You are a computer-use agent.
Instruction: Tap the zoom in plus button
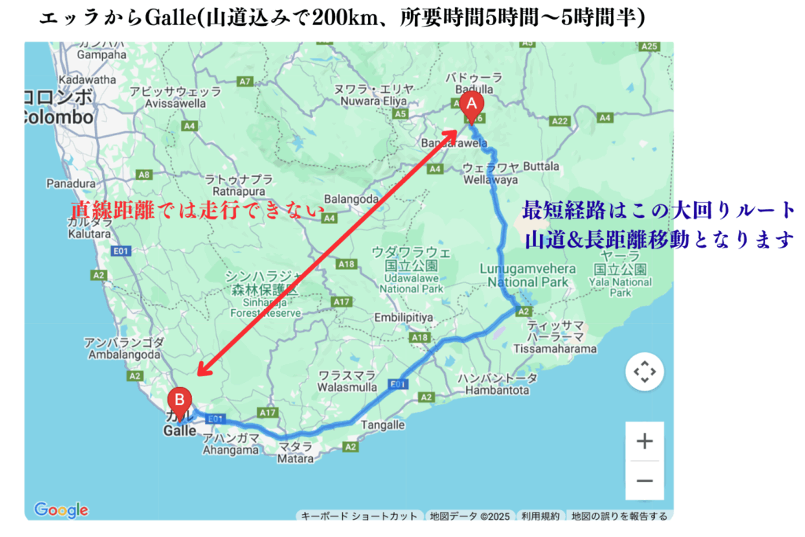point(645,441)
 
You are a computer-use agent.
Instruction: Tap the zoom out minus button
point(645,480)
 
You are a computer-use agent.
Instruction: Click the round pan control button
point(645,372)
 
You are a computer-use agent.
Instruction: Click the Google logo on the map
point(61,510)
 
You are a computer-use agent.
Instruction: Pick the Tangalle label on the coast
point(382,425)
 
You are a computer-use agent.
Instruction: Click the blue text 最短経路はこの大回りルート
point(659,211)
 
